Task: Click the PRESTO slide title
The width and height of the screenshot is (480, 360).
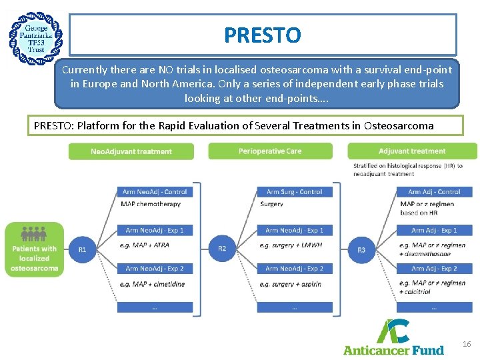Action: point(263,35)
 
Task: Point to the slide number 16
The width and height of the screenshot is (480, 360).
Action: point(467,344)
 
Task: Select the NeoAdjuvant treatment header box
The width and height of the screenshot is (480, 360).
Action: point(131,151)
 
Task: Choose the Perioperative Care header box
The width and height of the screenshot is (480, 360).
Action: point(270,151)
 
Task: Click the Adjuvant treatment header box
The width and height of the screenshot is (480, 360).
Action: point(412,151)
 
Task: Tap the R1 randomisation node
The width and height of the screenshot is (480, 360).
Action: point(82,249)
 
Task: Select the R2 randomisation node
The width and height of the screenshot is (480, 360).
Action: point(222,249)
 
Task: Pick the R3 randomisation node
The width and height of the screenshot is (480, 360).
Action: point(361,249)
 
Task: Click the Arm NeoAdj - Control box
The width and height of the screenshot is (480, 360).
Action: point(155,192)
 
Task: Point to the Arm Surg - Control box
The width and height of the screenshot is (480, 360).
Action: point(294,192)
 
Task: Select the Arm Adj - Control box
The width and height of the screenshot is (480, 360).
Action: point(434,192)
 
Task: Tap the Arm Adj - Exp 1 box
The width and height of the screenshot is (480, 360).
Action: point(434,230)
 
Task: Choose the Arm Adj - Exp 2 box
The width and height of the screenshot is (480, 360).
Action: point(434,269)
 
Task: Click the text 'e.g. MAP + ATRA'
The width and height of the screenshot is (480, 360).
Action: point(145,245)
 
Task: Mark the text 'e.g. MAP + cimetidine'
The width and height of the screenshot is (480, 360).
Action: point(153,284)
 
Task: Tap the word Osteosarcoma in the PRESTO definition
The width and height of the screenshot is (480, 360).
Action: point(401,125)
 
